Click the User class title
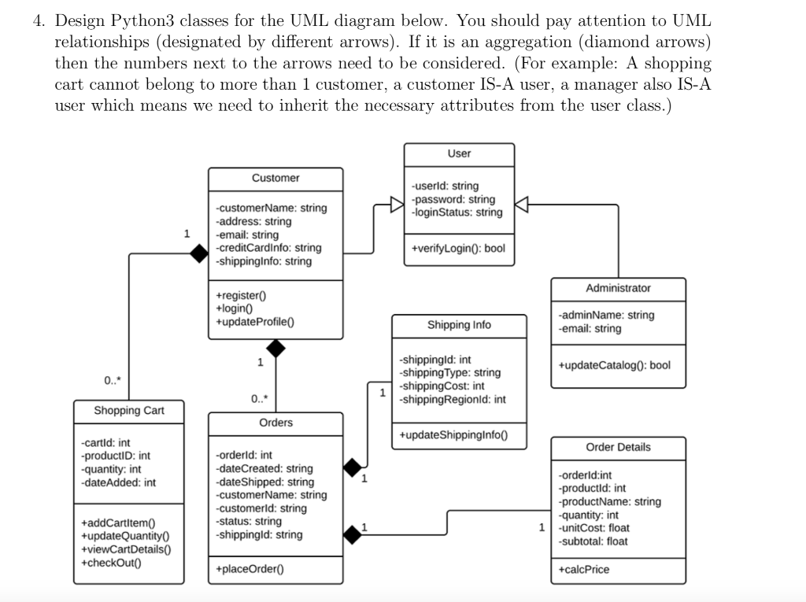[x=459, y=153]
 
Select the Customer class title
[x=275, y=178]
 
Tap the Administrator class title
[x=618, y=288]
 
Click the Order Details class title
[x=618, y=447]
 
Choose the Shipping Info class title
[x=459, y=324]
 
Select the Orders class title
[x=275, y=423]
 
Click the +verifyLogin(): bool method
[x=458, y=248]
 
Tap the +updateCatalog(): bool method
[x=614, y=365]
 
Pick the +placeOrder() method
[x=250, y=569]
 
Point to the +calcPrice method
[x=583, y=569]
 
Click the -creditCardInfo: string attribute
[x=268, y=248]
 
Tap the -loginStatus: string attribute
[x=457, y=212]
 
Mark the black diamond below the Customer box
[x=275, y=348]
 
